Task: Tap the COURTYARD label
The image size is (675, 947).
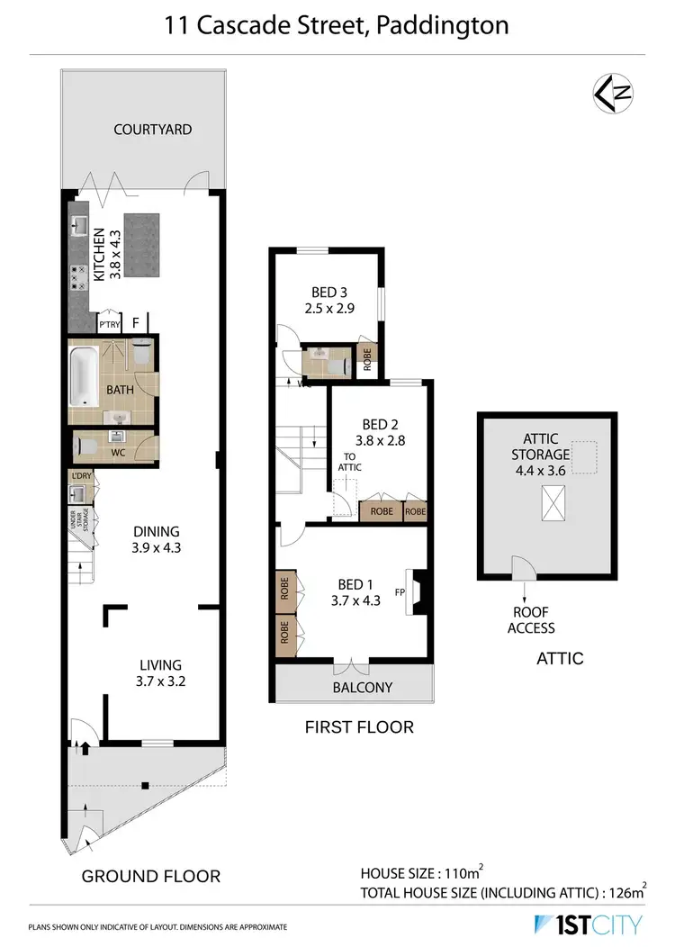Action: point(152,130)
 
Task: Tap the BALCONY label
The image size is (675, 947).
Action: point(364,688)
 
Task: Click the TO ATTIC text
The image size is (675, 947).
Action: point(349,462)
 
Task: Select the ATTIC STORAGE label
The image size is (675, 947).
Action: point(541,446)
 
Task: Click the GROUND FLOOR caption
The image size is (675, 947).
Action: point(150,876)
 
